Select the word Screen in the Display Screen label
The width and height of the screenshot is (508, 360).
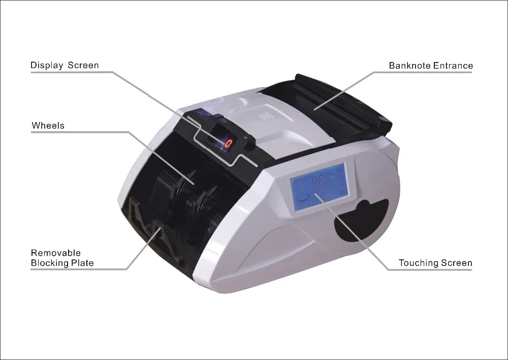coord(83,65)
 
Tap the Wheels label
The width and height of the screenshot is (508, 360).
coord(48,125)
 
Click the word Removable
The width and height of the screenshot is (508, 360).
coord(56,253)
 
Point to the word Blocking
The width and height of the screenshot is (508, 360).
coord(50,263)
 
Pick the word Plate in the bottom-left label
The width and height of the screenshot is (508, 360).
coord(83,263)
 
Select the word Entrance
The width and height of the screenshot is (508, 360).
coord(454,66)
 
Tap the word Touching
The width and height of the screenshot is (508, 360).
coord(418,263)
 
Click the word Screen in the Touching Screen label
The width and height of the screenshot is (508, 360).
coord(456,263)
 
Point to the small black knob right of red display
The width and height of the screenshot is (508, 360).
coord(249,141)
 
